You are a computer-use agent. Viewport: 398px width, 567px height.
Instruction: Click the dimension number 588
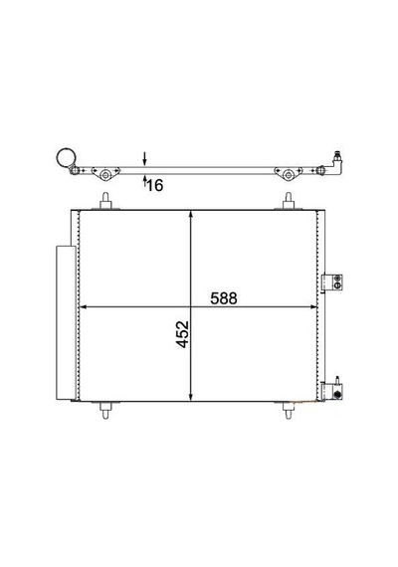224,298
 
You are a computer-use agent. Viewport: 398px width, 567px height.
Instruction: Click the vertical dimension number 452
183,334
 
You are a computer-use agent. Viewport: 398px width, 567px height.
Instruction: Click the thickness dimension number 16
155,185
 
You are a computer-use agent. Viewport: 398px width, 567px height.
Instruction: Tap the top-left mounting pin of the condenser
105,201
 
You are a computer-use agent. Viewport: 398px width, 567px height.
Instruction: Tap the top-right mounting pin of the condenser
289,201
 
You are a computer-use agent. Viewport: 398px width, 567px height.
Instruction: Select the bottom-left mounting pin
105,410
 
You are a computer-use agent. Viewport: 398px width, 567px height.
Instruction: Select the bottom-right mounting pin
289,410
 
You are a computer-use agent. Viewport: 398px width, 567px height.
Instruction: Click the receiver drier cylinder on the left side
66,323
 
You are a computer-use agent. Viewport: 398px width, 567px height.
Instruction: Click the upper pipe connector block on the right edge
331,283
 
